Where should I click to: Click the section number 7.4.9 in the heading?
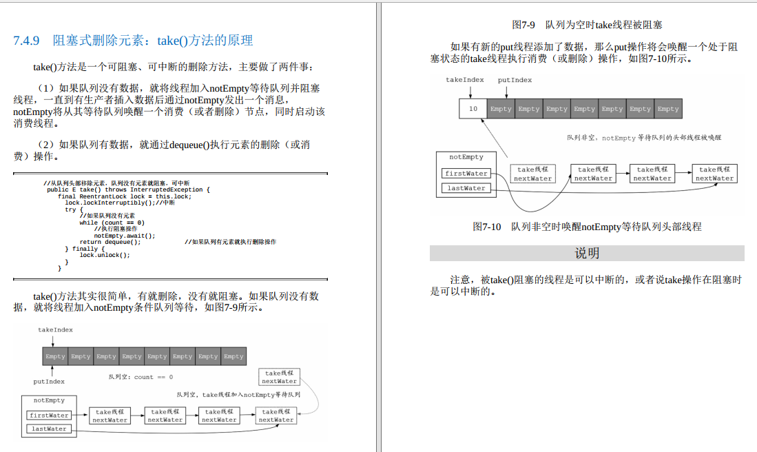(x=28, y=41)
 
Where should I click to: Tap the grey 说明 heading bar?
(x=587, y=254)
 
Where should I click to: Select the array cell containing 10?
(x=473, y=109)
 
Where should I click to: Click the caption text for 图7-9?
(x=587, y=25)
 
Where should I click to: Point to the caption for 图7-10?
(x=587, y=226)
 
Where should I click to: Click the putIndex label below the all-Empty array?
(x=50, y=381)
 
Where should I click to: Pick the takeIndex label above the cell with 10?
(x=465, y=80)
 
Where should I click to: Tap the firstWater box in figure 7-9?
(x=49, y=415)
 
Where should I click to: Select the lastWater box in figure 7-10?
(x=466, y=188)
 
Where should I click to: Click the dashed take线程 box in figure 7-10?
(x=533, y=174)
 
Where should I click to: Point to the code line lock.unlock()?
(x=105, y=255)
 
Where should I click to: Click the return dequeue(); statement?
(x=110, y=242)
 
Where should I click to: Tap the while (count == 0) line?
(x=112, y=223)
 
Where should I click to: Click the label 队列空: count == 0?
(x=141, y=377)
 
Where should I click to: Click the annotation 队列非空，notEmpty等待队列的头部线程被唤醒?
(x=644, y=138)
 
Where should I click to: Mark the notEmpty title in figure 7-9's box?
(x=49, y=400)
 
